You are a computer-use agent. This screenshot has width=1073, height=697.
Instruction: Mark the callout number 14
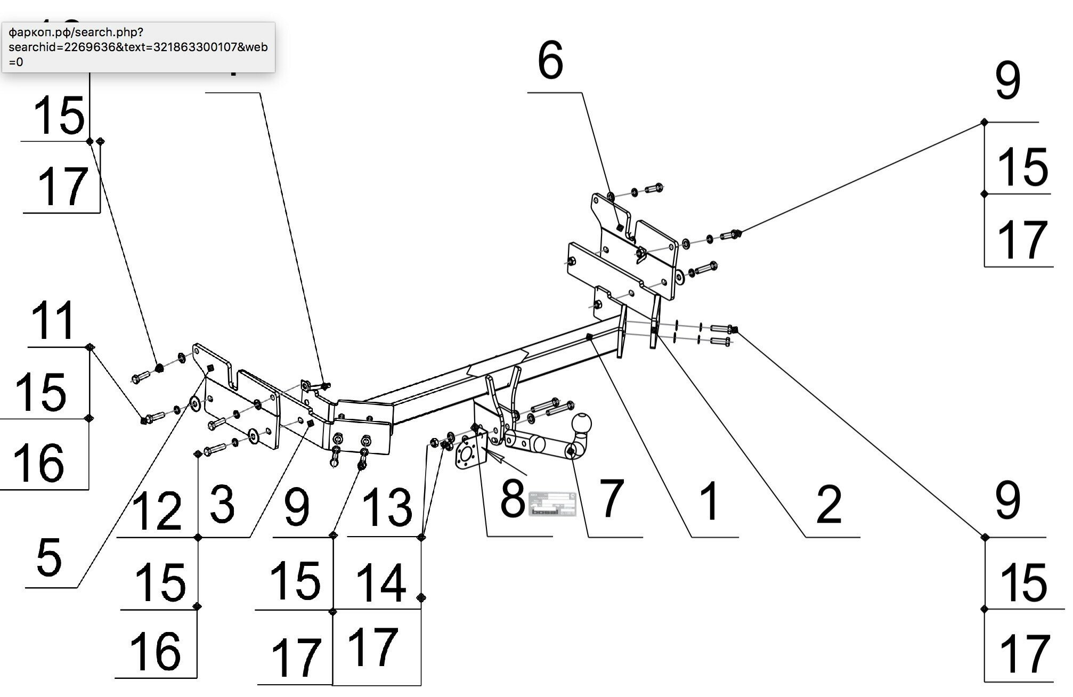click(x=380, y=582)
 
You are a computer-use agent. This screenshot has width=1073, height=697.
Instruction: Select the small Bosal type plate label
click(x=552, y=504)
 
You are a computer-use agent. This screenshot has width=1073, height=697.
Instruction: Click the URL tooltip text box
click(x=138, y=47)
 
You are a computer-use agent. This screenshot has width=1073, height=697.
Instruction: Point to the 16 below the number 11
click(x=38, y=463)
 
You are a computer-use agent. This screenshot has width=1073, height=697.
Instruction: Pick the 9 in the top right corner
click(x=1007, y=81)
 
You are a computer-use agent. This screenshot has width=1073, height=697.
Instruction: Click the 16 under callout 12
click(x=156, y=651)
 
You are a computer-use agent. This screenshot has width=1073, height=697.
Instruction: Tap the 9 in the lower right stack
click(x=1007, y=501)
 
